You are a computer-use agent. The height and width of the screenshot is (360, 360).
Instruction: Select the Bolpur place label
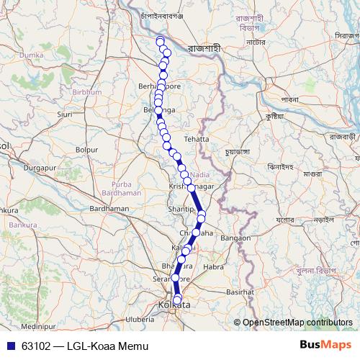[x=86, y=149]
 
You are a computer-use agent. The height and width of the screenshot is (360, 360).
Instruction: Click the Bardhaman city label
[x=109, y=208]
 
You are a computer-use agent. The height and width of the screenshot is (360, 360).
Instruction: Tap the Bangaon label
[x=235, y=238]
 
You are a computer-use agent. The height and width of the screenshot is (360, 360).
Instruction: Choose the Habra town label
[x=215, y=266]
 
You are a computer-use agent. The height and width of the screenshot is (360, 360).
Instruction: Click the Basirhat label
[x=240, y=292]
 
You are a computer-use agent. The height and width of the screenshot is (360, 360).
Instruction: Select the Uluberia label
[x=140, y=318]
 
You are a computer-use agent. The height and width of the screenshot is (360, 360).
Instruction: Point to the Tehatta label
[x=197, y=138]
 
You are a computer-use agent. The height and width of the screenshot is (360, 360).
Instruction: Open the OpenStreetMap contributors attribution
[x=297, y=323]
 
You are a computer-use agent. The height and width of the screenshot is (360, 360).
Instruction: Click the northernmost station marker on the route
[x=160, y=40]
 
